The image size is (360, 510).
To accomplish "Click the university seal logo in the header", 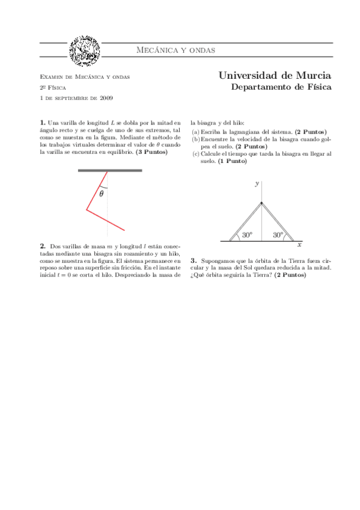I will [85, 51].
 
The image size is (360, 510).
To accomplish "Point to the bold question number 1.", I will [42, 123].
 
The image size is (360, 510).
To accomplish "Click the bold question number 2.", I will [43, 246].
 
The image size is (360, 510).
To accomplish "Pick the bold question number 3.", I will [194, 261].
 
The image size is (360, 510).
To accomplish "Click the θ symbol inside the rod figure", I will [102, 194].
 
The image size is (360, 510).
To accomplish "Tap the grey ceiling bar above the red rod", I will [110, 170].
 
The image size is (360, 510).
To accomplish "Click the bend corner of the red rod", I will [87, 210].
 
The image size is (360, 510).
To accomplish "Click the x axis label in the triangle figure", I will [299, 245].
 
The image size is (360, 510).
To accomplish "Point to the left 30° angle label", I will [247, 236].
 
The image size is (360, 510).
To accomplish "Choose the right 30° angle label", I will [278, 236].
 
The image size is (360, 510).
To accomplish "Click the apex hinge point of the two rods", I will [261, 203].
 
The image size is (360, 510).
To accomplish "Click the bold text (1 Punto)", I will [233, 161].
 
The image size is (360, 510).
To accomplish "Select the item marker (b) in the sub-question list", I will [195, 139].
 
